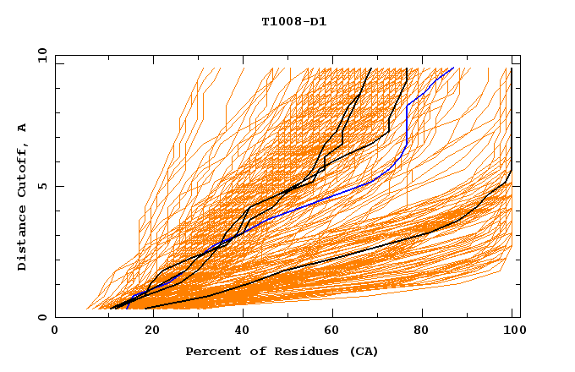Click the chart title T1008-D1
point(294,22)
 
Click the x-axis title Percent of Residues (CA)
point(282,351)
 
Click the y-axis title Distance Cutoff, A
point(22,196)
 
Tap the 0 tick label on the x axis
point(55,331)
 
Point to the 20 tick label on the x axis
point(147,331)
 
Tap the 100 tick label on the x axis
point(512,331)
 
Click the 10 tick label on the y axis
point(42,54)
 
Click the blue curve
point(338,196)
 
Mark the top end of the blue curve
point(453,68)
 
